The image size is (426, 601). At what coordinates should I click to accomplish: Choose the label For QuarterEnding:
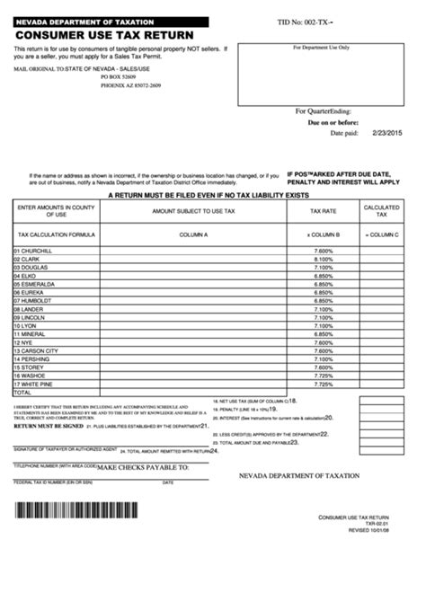(325, 111)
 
